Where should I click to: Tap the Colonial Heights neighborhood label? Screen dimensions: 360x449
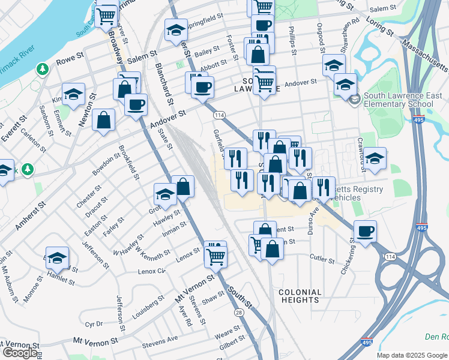[x=300, y=296]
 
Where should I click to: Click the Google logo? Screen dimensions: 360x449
[x=20, y=353]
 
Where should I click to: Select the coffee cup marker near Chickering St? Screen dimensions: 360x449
[x=366, y=231]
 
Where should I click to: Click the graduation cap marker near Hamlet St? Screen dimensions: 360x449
[x=58, y=258]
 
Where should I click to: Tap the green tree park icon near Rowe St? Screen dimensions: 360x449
[x=43, y=70]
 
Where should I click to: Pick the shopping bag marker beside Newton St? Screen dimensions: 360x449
[x=104, y=119]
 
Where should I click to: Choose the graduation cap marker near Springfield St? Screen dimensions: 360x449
[x=176, y=30]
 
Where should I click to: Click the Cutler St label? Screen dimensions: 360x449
[x=322, y=260]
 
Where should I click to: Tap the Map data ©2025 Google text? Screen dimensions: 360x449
[x=412, y=355]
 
